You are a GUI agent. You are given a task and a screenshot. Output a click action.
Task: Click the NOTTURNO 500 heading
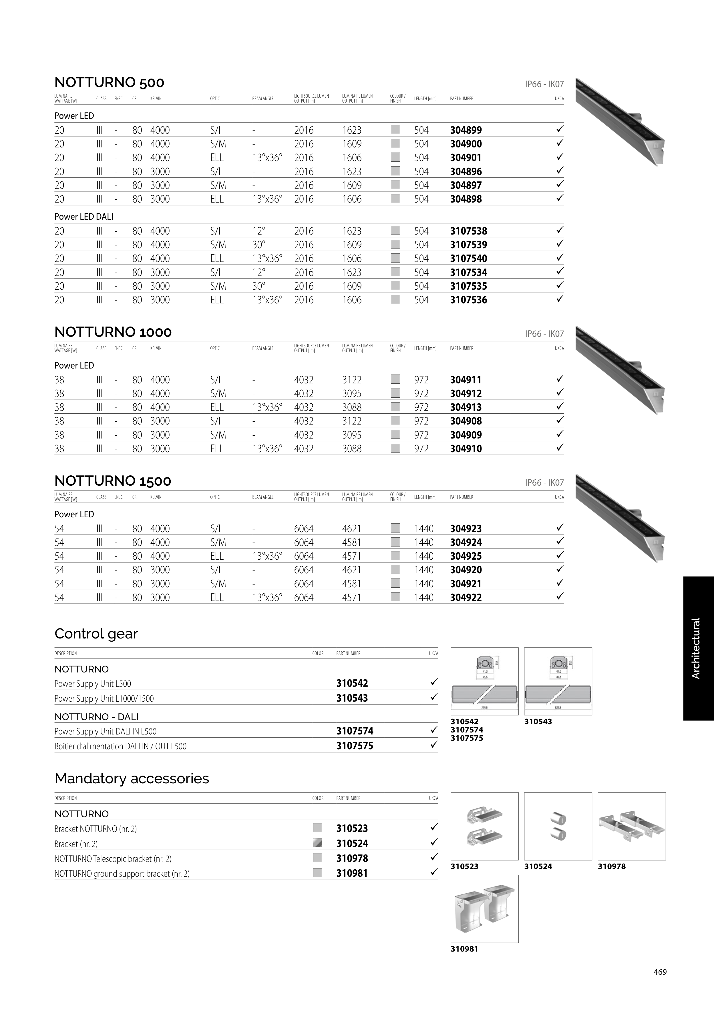(109, 83)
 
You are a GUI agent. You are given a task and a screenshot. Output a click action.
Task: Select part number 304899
(466, 130)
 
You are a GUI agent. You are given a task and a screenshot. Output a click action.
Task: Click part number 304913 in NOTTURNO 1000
(466, 407)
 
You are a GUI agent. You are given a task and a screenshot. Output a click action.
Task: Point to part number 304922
(466, 598)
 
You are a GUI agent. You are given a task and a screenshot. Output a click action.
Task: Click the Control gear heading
(96, 634)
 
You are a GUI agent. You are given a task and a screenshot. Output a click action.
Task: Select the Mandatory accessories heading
(132, 778)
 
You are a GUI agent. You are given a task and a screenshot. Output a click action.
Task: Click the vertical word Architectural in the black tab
(695, 648)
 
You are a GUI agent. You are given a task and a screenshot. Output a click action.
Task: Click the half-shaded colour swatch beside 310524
(317, 843)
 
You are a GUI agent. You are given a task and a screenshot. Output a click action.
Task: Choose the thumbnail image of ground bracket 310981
(484, 909)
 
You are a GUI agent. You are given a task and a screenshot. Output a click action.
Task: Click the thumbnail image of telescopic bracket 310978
(631, 826)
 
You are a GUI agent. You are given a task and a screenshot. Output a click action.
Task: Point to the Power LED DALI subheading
(83, 217)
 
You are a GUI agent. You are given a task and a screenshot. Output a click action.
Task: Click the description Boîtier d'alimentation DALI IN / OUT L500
(120, 746)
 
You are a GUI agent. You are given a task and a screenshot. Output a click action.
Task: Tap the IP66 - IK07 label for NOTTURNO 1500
(544, 483)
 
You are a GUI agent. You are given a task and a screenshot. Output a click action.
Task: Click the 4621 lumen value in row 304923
(351, 529)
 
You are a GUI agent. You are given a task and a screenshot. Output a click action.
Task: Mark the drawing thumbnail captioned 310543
(558, 681)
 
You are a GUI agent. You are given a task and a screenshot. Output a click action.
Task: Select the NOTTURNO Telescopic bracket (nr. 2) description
(113, 859)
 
